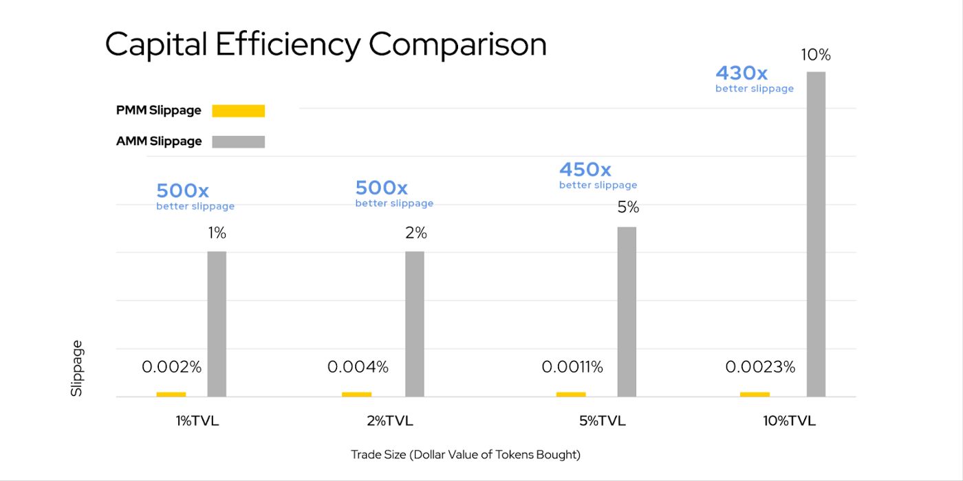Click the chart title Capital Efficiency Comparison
tap(325, 45)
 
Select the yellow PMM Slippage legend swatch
tap(238, 111)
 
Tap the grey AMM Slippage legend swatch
tap(238, 142)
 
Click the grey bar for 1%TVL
tap(217, 324)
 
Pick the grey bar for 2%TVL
tap(415, 324)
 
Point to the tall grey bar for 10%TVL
tap(816, 234)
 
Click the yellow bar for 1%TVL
tap(171, 394)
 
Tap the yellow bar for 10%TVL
tap(755, 394)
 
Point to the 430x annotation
tap(742, 73)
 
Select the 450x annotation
tap(585, 170)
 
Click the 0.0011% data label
tap(572, 368)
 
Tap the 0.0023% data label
tap(760, 368)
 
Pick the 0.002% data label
tap(172, 368)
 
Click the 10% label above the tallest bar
tap(816, 55)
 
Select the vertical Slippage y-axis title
tap(76, 368)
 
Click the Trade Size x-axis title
tap(466, 454)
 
